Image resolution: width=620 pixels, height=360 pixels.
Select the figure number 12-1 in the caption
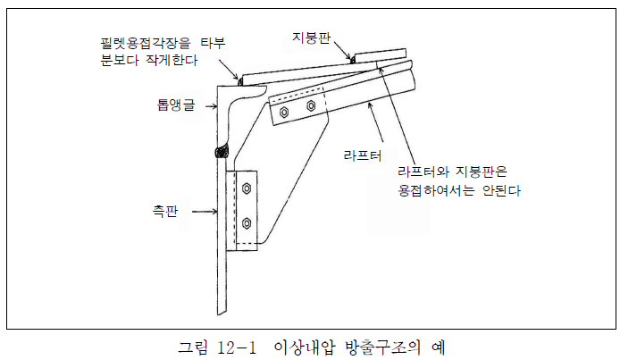coord(225,344)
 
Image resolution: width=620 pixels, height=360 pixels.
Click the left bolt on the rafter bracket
coord(284,113)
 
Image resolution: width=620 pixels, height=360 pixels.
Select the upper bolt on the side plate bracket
coord(246,189)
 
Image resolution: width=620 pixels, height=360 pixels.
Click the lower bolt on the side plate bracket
coord(246,222)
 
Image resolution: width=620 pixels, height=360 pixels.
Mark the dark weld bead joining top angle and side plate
coord(219,153)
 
